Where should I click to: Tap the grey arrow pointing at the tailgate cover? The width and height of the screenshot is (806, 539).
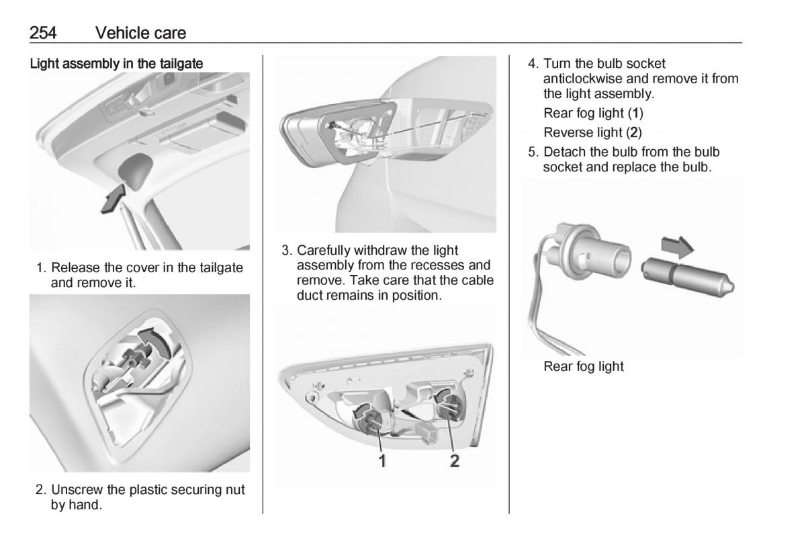[x=112, y=201]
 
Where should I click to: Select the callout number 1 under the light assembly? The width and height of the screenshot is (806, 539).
[x=383, y=461]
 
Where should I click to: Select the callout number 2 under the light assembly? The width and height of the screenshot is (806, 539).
[x=455, y=461]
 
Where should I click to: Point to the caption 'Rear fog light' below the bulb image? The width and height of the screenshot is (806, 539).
[x=583, y=366]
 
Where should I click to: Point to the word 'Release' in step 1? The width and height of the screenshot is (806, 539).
[x=74, y=267]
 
